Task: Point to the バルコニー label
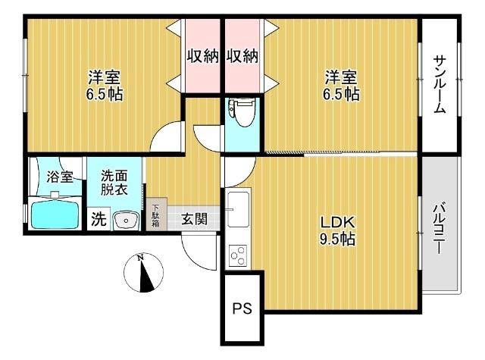(440, 227)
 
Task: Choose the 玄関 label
(193, 219)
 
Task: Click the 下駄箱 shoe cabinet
(155, 215)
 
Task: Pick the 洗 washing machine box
(99, 219)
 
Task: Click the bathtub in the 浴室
(55, 214)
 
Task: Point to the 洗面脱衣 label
(114, 183)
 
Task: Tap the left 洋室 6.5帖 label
(105, 85)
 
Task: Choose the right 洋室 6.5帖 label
(342, 85)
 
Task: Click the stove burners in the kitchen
(237, 253)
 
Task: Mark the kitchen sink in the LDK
(236, 205)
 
